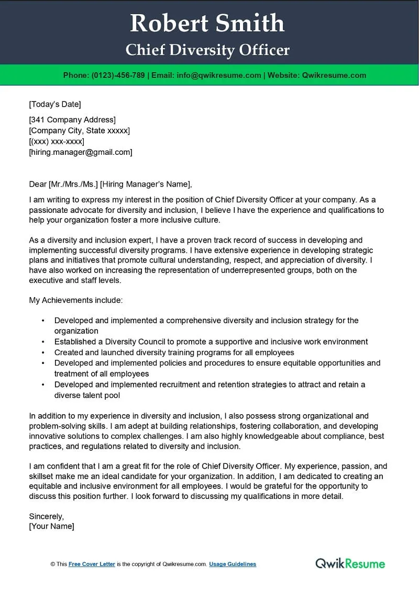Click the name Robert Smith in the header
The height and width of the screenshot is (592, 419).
pos(207,24)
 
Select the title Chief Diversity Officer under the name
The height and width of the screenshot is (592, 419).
pos(207,50)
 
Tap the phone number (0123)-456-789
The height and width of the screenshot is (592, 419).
pos(118,75)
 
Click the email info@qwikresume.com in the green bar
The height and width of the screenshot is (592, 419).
pos(219,75)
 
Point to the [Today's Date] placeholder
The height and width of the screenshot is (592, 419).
pos(55,104)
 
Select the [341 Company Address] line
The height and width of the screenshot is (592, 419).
pos(72,120)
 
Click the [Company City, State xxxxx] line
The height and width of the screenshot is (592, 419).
pos(80,131)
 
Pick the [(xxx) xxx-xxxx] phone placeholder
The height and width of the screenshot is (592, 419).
pos(57,142)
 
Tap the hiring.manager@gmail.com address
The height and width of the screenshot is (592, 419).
pos(81,152)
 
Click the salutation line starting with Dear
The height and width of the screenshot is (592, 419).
pos(111,184)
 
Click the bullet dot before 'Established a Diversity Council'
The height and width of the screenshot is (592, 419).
pos(42,342)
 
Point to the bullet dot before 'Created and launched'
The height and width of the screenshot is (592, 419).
pos(42,353)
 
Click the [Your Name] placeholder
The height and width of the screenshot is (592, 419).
pos(51,526)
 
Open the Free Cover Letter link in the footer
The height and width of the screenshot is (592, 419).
pos(92,564)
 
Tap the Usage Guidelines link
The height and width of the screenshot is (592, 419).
pos(233,564)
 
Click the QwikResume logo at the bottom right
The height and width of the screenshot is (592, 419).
pos(350,563)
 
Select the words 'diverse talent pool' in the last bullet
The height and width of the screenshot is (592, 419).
pos(87,395)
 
